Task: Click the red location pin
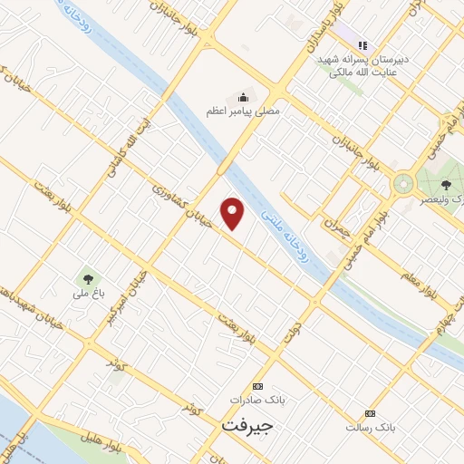point(234,212)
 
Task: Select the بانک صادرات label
point(257,400)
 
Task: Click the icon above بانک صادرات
point(257,385)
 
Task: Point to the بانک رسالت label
point(371,426)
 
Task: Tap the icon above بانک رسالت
point(371,411)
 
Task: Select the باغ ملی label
point(89,292)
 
